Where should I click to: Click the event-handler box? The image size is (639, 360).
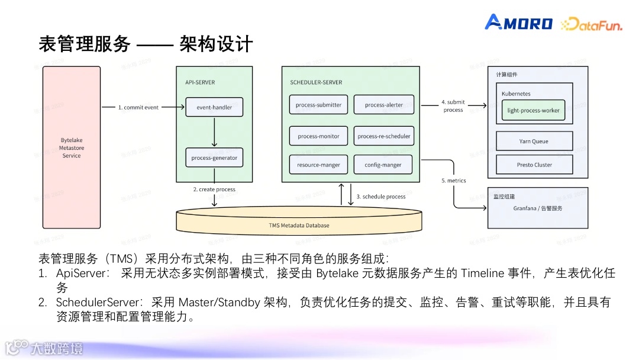pos(214,107)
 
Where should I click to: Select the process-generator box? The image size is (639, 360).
pos(214,158)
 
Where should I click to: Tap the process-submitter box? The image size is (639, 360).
pos(319,105)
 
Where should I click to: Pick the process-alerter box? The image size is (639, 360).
pos(384,105)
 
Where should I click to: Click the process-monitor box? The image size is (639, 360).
pos(319,136)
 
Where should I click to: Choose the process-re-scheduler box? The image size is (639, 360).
pos(384,136)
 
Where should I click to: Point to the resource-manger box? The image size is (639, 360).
pos(319,165)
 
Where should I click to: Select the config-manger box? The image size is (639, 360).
pos(384,165)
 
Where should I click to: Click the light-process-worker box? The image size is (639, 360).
pos(534,110)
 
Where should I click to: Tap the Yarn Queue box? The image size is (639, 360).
pos(534,142)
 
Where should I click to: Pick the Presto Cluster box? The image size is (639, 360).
pos(534,165)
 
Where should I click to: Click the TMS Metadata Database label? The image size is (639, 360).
pos(299,225)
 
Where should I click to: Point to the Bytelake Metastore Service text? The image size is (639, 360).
pos(72,148)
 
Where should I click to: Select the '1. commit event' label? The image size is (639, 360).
pos(138,108)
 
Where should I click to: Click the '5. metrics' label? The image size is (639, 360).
pos(454,181)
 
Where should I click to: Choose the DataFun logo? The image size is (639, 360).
pos(591,24)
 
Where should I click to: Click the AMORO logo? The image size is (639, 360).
pos(519,23)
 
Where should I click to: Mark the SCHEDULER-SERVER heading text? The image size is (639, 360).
pos(316,82)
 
